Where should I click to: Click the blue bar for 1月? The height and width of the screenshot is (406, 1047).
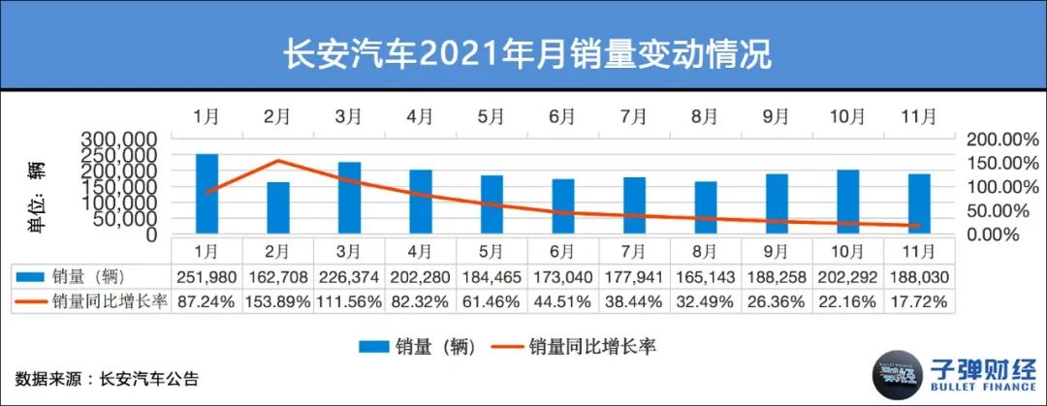tap(206, 194)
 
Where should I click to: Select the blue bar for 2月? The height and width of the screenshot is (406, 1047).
tap(278, 208)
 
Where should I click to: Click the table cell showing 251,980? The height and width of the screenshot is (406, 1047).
tap(206, 276)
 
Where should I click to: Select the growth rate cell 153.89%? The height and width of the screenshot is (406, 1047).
tap(277, 301)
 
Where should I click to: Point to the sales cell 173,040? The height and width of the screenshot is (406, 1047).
tap(561, 276)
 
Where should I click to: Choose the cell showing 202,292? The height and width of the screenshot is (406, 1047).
tap(848, 276)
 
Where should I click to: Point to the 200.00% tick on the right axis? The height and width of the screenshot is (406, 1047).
tap(1002, 140)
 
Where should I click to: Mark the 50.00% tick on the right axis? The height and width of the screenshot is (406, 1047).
tap(1002, 210)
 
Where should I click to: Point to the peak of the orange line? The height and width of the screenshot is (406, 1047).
tap(278, 161)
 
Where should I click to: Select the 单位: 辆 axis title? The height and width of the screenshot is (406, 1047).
tap(38, 200)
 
